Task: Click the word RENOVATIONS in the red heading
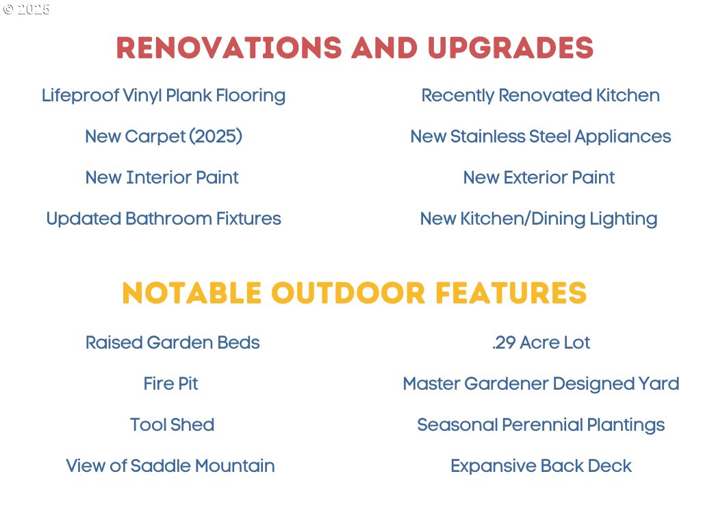[x=229, y=47]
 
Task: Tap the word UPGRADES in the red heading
[x=511, y=47]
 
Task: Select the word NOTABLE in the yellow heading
[x=192, y=293]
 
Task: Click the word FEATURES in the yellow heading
[x=511, y=293]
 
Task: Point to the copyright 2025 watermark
[x=26, y=10]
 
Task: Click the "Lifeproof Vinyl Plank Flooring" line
[x=164, y=96]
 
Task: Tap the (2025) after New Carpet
[x=216, y=136]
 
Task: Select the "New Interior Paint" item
[x=162, y=177]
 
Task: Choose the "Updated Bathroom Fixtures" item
[x=164, y=218]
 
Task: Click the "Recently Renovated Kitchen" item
[x=541, y=95]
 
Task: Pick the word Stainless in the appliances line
[x=487, y=136]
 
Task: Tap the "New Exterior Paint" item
[x=539, y=177]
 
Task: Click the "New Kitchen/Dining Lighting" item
[x=539, y=219]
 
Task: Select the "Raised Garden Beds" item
[x=173, y=342]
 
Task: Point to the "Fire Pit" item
[x=170, y=384]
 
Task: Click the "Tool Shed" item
[x=172, y=425]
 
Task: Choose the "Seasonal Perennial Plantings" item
[x=541, y=425]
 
